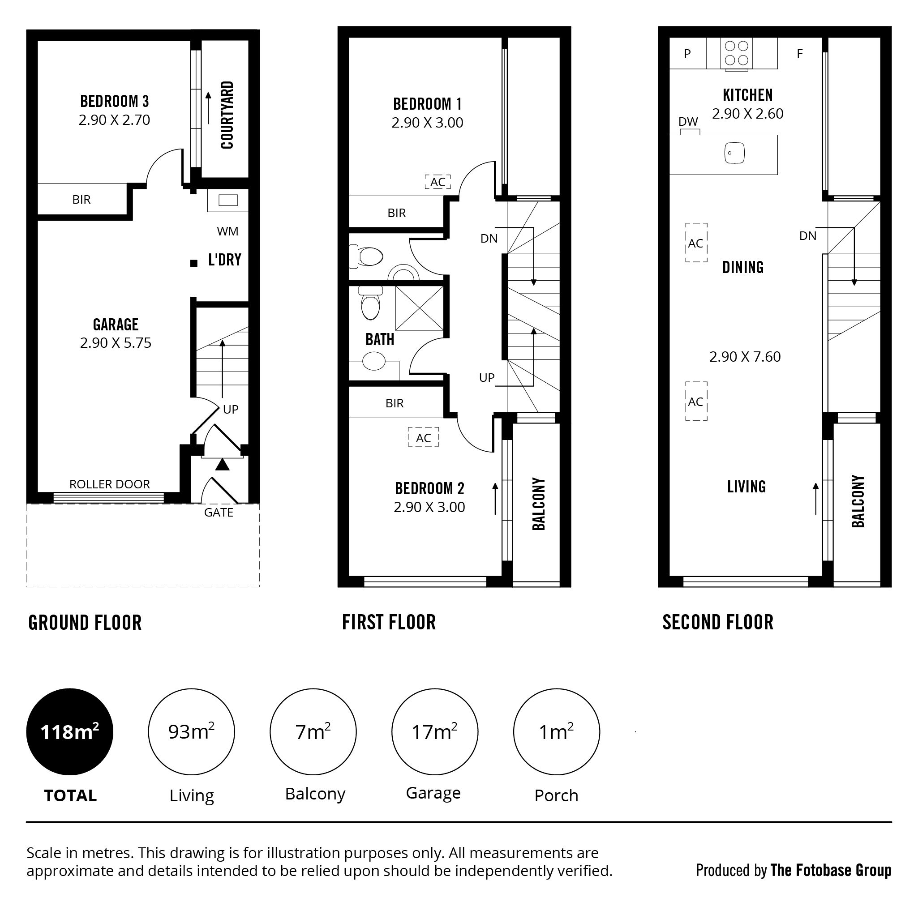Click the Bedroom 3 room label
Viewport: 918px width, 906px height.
(x=115, y=101)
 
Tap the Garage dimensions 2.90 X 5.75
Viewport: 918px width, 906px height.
(x=116, y=343)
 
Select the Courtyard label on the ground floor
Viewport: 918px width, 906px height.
(x=227, y=115)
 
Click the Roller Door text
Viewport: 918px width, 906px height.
(x=110, y=484)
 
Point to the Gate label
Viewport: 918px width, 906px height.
(x=219, y=513)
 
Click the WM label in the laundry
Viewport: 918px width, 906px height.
(x=227, y=231)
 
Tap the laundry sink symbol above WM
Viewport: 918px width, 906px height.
(x=228, y=200)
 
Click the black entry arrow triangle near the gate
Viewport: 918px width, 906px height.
(x=223, y=465)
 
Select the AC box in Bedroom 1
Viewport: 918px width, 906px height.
(x=438, y=181)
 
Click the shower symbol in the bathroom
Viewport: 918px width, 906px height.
(x=419, y=308)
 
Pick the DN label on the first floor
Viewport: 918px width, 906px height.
(x=489, y=239)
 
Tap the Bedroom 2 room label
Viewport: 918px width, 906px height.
(x=429, y=488)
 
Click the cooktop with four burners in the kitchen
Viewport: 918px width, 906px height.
(x=737, y=53)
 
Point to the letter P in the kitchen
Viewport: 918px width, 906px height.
(x=687, y=54)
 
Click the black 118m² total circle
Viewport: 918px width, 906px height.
(x=70, y=731)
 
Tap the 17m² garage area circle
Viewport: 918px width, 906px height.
(x=435, y=731)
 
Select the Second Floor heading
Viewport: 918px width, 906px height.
(x=718, y=622)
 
